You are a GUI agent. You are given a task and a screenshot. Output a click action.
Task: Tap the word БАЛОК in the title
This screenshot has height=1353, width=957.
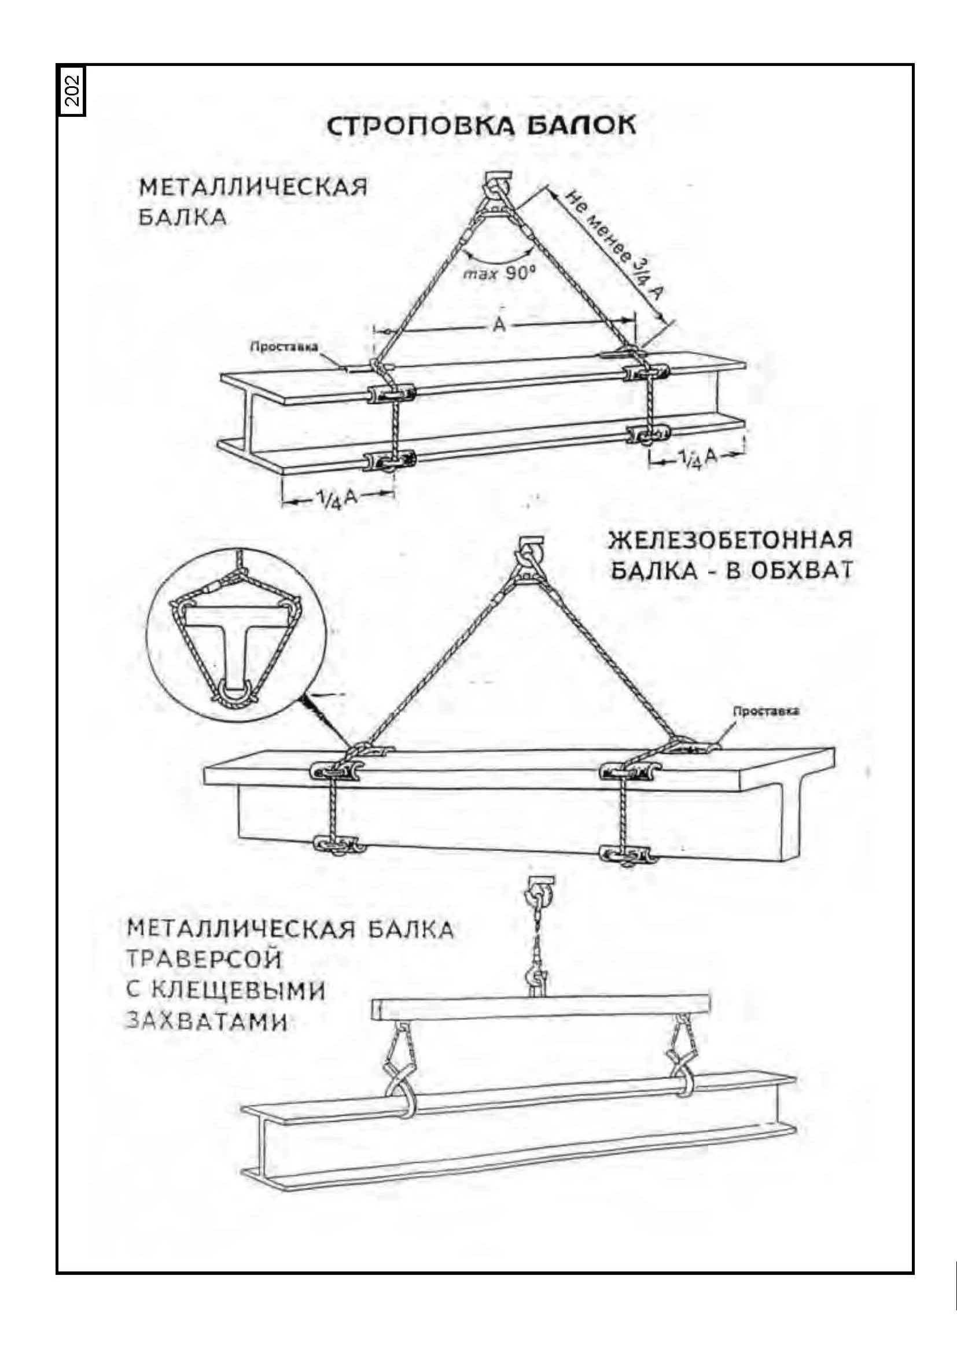pyautogui.click(x=581, y=126)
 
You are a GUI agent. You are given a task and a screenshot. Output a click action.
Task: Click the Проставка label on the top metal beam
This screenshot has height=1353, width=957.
pyautogui.click(x=284, y=346)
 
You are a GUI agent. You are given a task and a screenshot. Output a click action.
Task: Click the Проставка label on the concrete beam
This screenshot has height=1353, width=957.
pyautogui.click(x=765, y=711)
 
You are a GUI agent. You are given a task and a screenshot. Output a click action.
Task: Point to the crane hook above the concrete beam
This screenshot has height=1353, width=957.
pyautogui.click(x=529, y=556)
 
